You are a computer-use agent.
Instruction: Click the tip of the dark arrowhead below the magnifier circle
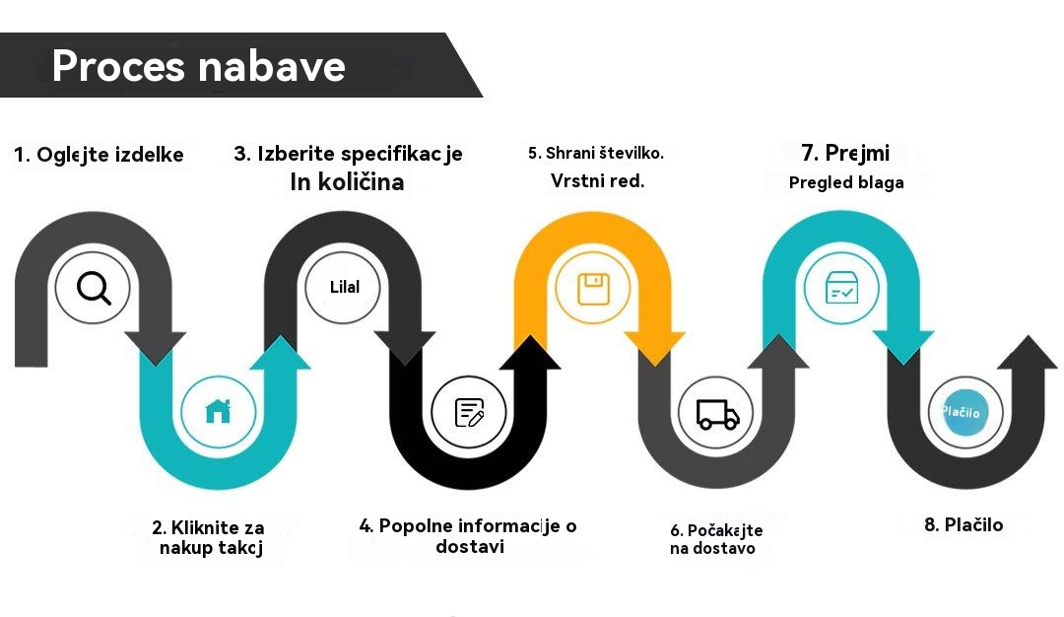coord(156,367)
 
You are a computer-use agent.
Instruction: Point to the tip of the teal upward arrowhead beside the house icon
coord(280,335)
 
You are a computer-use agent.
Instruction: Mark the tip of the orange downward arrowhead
coord(655,367)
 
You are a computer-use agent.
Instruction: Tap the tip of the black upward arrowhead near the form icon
coord(530,335)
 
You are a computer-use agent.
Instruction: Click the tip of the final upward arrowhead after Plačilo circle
coord(1028,335)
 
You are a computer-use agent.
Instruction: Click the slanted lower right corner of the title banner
coord(483,97)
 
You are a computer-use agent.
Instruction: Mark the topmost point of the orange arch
coord(592,211)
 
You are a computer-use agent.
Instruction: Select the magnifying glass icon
coord(94,288)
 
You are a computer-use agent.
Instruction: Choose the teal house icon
coord(218,411)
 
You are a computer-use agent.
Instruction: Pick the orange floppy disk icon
coord(593,289)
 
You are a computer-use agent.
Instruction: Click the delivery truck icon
coord(717,414)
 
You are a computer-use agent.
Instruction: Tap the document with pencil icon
coord(469,412)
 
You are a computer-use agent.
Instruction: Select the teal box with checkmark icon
coord(841,288)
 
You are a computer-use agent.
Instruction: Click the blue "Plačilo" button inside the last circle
coord(963,411)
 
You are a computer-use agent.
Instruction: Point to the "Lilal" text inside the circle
coord(345,287)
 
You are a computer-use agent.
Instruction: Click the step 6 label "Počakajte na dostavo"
coord(716,539)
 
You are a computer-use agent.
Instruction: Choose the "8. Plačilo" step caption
coord(964,524)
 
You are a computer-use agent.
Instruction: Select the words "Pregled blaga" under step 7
coord(846,182)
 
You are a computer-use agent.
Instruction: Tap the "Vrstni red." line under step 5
coord(597,181)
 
